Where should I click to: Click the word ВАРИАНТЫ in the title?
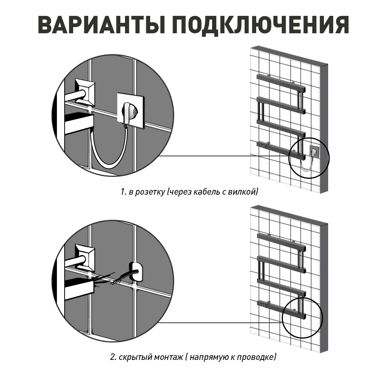[102, 25]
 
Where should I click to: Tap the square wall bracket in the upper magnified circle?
[84, 91]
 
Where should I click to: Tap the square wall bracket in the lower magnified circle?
[86, 257]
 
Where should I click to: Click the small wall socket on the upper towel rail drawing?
[314, 152]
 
